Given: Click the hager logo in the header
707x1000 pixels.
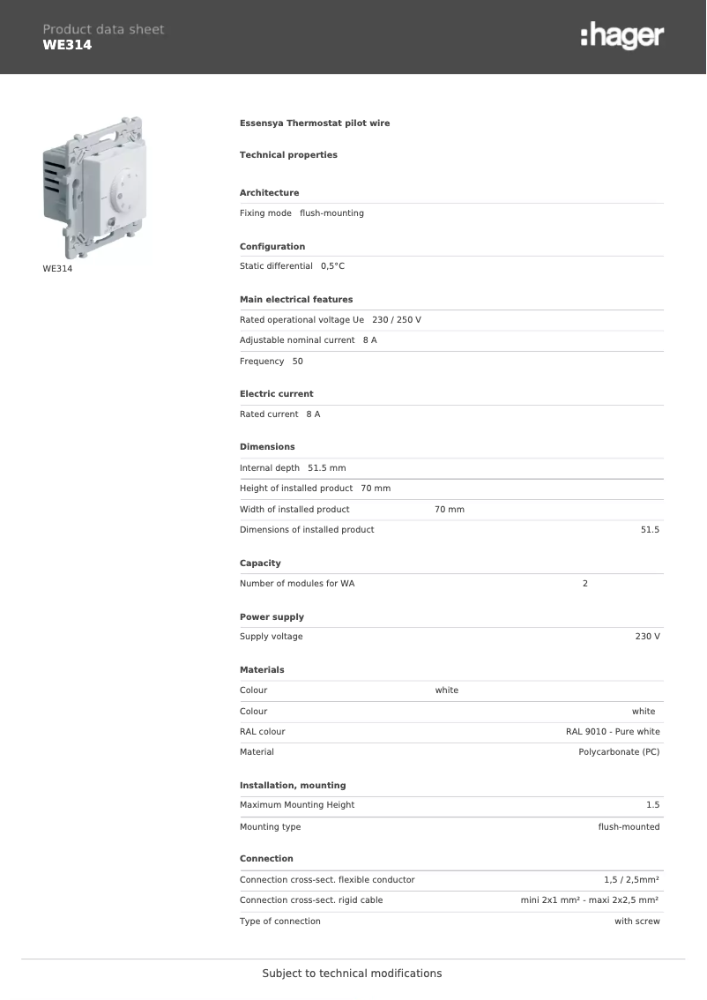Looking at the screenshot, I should pos(622,36).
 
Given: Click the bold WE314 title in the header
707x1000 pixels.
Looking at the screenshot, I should pos(67,45).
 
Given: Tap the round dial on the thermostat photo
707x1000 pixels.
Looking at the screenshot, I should pos(129,186).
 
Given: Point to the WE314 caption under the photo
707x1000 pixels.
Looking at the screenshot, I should pos(57,269).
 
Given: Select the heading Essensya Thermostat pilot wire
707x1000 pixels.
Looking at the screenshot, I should pos(315,123).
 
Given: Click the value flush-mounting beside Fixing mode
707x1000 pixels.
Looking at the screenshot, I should pos(331,213).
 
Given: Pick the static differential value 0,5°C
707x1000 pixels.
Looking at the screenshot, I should pos(332,266).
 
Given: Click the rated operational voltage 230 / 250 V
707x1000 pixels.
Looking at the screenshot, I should pos(397,320).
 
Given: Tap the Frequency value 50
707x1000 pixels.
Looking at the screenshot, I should pos(297,362).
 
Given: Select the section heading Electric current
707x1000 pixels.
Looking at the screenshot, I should pos(276,394).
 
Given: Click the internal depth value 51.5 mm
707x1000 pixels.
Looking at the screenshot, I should pos(326,468).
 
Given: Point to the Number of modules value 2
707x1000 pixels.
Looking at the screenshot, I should pos(585,584).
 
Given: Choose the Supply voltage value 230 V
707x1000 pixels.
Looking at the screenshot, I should pos(647,637).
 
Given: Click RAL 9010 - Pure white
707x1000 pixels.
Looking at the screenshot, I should pos(613,732).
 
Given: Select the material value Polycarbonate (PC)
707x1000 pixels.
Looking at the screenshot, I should pos(619,752).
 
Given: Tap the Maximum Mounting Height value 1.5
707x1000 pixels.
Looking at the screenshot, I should pos(652,805).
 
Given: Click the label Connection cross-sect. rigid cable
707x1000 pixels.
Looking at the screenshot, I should pos(311,900).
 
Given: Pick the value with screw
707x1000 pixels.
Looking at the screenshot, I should pos(636,922).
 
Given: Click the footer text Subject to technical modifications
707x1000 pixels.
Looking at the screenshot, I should pos(352,974).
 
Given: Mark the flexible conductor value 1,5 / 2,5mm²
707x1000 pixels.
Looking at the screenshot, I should pos(631,880).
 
